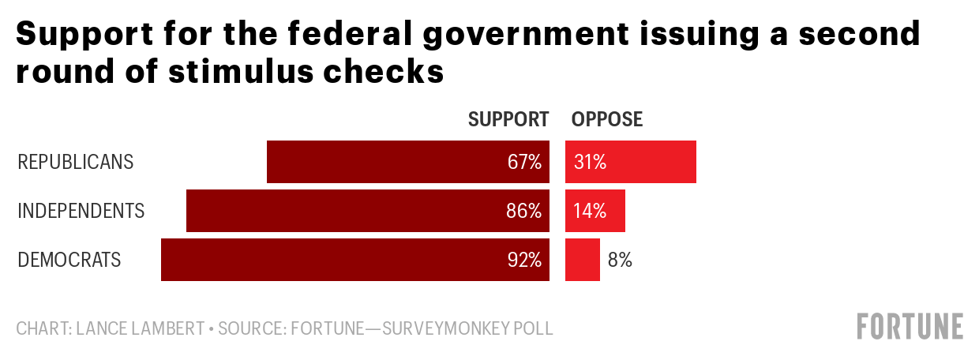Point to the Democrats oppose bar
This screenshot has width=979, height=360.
click(583, 260)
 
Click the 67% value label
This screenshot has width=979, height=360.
click(524, 163)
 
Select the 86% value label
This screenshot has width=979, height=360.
click(524, 212)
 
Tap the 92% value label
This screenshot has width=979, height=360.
click(524, 261)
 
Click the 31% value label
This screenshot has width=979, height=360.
click(591, 163)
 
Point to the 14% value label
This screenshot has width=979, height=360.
click(591, 212)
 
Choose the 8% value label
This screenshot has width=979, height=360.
click(620, 261)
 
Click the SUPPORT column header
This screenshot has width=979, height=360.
click(508, 119)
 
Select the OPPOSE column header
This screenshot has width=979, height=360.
click(607, 119)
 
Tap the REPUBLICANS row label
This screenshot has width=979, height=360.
click(76, 163)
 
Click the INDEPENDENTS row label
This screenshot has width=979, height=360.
click(81, 212)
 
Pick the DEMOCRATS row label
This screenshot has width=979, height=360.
click(69, 261)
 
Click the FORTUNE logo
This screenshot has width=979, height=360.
click(910, 326)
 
